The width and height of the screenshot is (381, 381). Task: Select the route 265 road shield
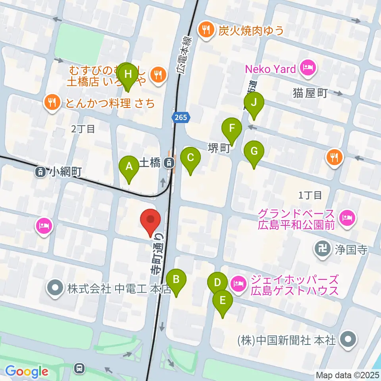[x=181, y=117]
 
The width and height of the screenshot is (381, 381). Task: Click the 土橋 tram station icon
[x=169, y=162]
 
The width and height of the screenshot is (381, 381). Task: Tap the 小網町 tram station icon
[x=40, y=172]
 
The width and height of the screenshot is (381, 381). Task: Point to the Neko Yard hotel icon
[x=308, y=69]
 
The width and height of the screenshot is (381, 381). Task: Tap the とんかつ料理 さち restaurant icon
[x=52, y=103]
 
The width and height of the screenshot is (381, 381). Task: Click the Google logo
[x=27, y=371]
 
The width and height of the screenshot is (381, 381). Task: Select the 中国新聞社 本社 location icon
[x=348, y=340]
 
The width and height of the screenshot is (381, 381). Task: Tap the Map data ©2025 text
[x=347, y=375]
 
